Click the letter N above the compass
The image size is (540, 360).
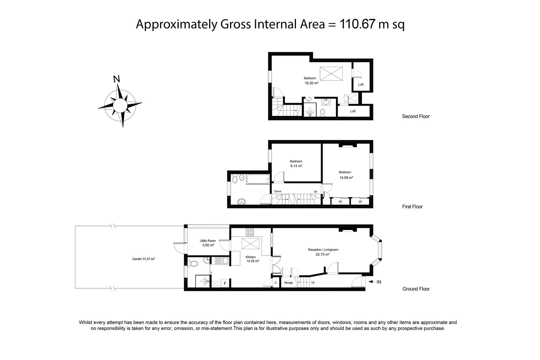pyautogui.click(x=117, y=79)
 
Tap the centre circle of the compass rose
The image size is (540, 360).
pyautogui.click(x=120, y=105)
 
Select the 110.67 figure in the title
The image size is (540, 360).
pyautogui.click(x=357, y=24)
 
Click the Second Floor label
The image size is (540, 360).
pyautogui.click(x=416, y=116)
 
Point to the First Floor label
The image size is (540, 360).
pyautogui.click(x=412, y=207)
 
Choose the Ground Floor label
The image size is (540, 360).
pyautogui.click(x=416, y=289)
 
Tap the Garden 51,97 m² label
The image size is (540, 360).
pyautogui.click(x=143, y=259)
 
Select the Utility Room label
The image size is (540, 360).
pyautogui.click(x=208, y=241)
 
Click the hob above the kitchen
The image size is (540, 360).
pyautogui.click(x=250, y=232)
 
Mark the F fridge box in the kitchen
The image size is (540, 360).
pyautogui.click(x=225, y=283)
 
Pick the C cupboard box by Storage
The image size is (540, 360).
pyautogui.click(x=276, y=283)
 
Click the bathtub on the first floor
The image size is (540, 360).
pyautogui.click(x=258, y=179)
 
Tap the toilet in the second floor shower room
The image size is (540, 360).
pyautogui.click(x=322, y=112)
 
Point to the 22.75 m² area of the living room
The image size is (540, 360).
pyautogui.click(x=323, y=254)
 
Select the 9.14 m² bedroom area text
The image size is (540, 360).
pyautogui.click(x=296, y=166)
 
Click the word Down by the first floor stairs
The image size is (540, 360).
pyautogui.click(x=278, y=191)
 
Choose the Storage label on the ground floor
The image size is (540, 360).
pyautogui.click(x=288, y=283)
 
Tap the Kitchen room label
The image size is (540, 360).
pyautogui.click(x=251, y=257)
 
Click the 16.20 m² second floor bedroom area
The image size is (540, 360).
pyautogui.click(x=311, y=83)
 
